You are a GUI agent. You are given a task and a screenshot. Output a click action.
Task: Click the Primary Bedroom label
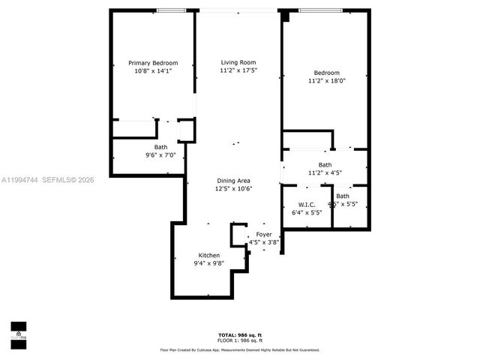[x=153, y=63]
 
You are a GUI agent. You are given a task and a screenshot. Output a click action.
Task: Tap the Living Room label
[x=238, y=62]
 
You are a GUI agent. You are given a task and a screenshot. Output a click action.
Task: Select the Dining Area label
[x=233, y=181]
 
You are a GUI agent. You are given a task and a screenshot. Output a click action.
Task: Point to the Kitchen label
[x=209, y=256]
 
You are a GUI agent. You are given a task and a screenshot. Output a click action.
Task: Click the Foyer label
[x=264, y=235]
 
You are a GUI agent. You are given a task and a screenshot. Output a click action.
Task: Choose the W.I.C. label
[x=306, y=204]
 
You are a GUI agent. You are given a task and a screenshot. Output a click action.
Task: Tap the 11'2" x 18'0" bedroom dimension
[x=326, y=81]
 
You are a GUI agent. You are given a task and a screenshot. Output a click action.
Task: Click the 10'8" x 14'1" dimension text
[x=153, y=71]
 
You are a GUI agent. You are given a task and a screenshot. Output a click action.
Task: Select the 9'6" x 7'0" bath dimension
[x=160, y=155]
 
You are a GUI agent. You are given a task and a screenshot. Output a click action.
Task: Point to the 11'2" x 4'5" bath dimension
[x=325, y=172]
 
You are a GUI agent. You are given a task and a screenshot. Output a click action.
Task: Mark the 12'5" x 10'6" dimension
[x=233, y=189]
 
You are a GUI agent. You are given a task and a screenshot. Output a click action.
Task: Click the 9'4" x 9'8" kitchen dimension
[x=209, y=264]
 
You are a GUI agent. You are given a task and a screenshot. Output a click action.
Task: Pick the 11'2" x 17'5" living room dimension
[x=238, y=70]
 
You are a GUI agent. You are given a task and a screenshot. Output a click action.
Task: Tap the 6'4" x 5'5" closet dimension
[x=306, y=212]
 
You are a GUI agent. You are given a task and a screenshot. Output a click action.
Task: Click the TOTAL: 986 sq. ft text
[x=240, y=334]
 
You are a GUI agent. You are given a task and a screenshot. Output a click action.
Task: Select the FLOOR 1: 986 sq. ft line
[x=240, y=340]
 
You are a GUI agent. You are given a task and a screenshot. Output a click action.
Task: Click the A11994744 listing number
[x=19, y=179]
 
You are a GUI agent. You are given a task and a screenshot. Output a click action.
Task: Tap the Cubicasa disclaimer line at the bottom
[x=240, y=349]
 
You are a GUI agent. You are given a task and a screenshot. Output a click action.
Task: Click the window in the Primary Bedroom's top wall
[x=172, y=10]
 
